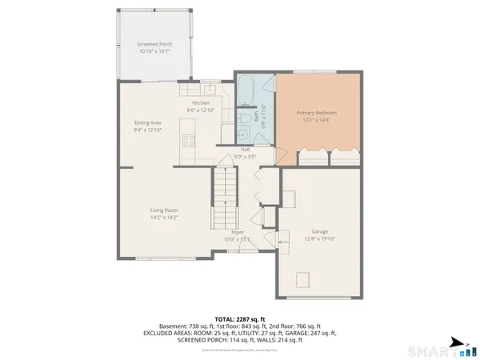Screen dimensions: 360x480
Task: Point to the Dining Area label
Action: tap(148, 122)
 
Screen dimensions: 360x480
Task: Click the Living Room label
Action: tap(164, 210)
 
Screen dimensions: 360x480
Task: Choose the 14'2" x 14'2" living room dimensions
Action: tap(164, 217)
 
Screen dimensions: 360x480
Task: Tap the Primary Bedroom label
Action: tap(316, 113)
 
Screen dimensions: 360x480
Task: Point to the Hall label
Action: tap(246, 150)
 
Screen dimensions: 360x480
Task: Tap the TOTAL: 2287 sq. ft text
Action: tap(239, 318)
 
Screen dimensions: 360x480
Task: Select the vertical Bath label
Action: tap(257, 116)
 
